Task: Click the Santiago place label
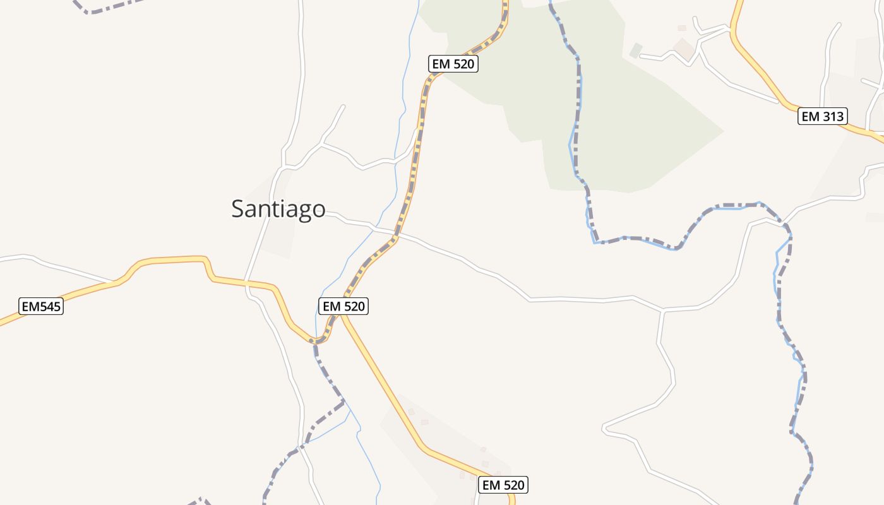(x=278, y=209)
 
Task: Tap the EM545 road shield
(x=42, y=306)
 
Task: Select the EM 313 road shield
(x=821, y=116)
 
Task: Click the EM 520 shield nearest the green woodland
(x=453, y=64)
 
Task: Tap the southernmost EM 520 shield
(x=503, y=485)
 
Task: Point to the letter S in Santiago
(x=238, y=209)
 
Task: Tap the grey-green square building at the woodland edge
(x=636, y=50)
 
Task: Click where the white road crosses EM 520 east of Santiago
(x=396, y=236)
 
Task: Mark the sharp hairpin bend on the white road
(x=605, y=429)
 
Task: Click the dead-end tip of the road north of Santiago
(x=344, y=105)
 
